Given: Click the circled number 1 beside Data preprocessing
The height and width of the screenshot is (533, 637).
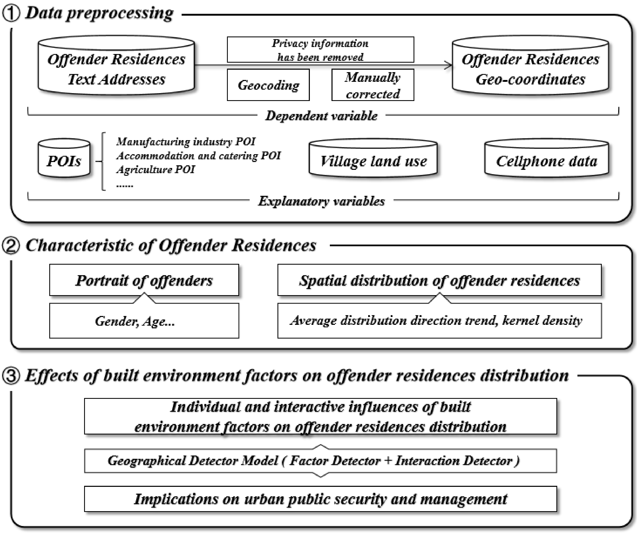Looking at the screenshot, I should pos(11,14).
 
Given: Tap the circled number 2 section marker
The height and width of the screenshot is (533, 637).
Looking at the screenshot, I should pos(11,246).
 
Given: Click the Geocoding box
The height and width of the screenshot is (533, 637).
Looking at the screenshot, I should pos(268,85).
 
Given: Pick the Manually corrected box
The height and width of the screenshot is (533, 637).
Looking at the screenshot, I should pos(373,85).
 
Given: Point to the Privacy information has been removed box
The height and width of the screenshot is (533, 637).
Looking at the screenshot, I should pos(320,50).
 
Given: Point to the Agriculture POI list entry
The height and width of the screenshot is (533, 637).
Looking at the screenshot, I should pos(156,169).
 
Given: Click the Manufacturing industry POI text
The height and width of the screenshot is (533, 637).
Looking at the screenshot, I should pos(186,142).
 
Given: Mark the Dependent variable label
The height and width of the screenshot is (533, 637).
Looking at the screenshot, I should pos(321,116).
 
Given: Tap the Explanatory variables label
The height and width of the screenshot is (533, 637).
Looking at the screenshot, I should pos(321,201).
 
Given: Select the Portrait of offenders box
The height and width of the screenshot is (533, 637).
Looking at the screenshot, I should pos(144,280).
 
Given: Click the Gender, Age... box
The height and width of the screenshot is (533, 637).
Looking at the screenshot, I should pos(144,321).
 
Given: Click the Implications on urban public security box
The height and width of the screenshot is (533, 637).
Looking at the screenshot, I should pos(320,499).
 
